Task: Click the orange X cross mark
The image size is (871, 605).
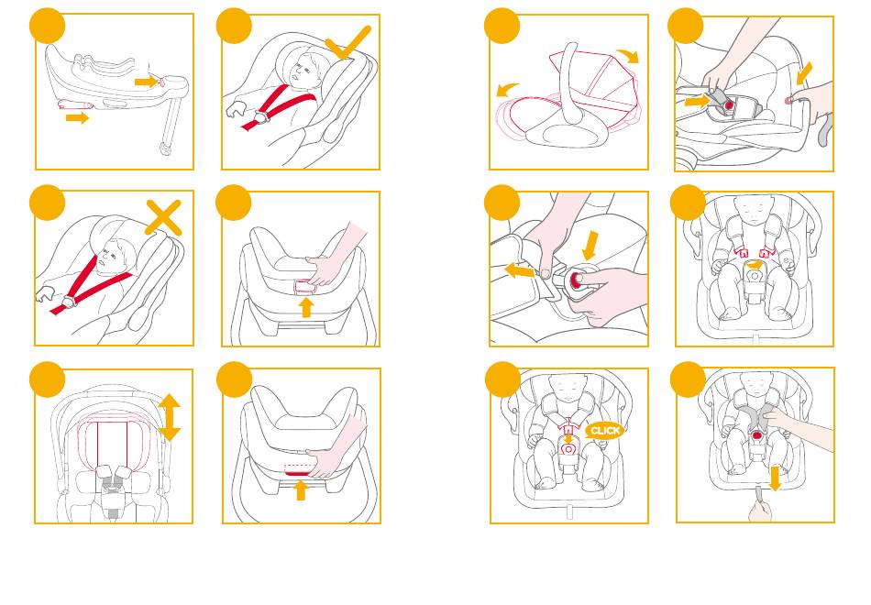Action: click(163, 217)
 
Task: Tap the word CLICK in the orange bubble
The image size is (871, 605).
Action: click(605, 431)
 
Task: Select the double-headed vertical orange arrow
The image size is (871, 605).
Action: click(169, 417)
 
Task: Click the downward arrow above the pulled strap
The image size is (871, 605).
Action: click(775, 478)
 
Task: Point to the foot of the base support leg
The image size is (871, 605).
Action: click(164, 148)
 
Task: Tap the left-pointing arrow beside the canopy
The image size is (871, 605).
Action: click(508, 89)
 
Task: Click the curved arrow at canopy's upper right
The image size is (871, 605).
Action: click(628, 56)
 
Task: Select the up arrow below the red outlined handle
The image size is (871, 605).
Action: click(305, 308)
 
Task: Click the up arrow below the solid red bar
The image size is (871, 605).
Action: click(301, 490)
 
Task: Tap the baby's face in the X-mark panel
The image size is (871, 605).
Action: click(111, 257)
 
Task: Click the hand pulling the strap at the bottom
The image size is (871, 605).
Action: click(760, 509)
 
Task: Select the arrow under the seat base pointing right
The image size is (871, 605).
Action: click(77, 117)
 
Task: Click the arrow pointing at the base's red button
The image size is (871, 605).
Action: click(145, 82)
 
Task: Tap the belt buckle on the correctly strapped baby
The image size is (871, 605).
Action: click(259, 117)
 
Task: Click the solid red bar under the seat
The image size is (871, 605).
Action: click(297, 473)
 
